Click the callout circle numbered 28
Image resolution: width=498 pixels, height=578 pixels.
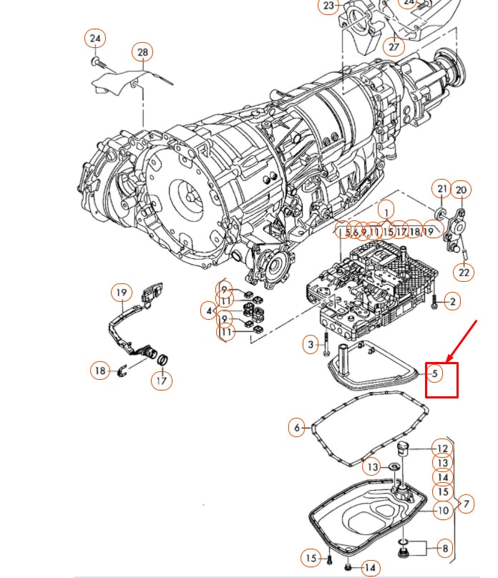(x=142, y=53)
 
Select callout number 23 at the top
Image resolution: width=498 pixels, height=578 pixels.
(x=329, y=6)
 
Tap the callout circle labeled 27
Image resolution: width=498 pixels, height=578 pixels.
(x=394, y=46)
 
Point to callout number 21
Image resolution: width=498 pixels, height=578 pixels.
(x=442, y=190)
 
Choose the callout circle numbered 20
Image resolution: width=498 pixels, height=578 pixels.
(x=462, y=190)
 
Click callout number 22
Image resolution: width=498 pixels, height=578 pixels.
(x=465, y=272)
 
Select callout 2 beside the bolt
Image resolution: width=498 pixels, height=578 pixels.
(x=452, y=302)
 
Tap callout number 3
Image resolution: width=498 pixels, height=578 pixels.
(x=311, y=345)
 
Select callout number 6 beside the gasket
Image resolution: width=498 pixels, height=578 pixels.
(x=297, y=428)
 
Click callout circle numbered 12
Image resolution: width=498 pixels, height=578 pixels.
(x=442, y=449)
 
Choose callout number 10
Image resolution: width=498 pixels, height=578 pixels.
(x=442, y=510)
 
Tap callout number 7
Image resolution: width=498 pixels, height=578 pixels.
(x=465, y=504)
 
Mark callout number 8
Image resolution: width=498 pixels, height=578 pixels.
(x=444, y=549)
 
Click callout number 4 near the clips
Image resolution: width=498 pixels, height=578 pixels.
(x=208, y=311)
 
